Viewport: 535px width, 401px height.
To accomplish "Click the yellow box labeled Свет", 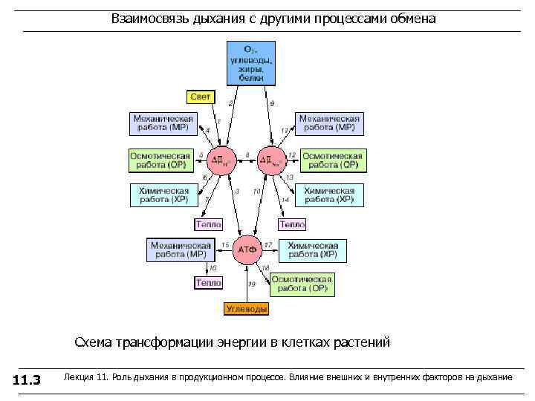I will [201, 97].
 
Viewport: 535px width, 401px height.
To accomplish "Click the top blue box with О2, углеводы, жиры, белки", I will [250, 62].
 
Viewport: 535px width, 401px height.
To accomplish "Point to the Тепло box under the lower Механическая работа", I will [208, 283].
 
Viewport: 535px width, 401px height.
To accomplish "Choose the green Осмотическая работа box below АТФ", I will [302, 284].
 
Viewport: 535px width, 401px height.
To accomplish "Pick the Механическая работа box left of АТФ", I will [181, 250].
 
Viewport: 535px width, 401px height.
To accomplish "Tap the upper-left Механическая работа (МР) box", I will [162, 123].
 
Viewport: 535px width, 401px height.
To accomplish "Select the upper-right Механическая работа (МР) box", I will [330, 123].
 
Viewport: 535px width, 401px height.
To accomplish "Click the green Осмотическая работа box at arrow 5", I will [162, 160].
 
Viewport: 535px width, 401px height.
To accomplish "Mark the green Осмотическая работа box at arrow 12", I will [331, 160].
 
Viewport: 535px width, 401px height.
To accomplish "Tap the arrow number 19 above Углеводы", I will [252, 284].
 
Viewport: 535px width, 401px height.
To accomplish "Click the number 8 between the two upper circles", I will [247, 154].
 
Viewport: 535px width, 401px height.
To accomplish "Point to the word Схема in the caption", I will [94, 342].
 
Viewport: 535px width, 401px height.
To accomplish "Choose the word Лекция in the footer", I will [80, 378].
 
